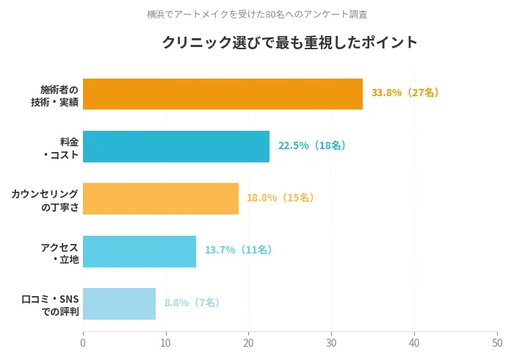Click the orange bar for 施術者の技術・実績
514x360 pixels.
pyautogui.click(x=222, y=94)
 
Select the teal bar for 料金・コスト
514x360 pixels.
pyautogui.click(x=176, y=146)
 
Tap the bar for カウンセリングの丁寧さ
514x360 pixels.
pyautogui.click(x=161, y=198)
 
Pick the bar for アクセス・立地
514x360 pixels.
pyautogui.click(x=140, y=251)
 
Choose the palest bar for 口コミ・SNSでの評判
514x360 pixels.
pyautogui.click(x=119, y=303)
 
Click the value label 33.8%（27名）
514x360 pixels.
pyautogui.click(x=406, y=93)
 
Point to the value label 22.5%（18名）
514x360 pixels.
pyautogui.click(x=312, y=145)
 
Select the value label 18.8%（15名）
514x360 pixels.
pyautogui.click(x=281, y=198)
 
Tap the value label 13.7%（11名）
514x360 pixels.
pyautogui.click(x=239, y=250)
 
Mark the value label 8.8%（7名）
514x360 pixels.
pyautogui.click(x=192, y=303)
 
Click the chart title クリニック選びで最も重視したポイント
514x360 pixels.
pyautogui.click(x=290, y=43)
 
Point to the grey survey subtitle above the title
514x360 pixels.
pyautogui.click(x=257, y=14)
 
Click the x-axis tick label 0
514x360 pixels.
pyautogui.click(x=83, y=342)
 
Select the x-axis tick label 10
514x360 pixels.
pyautogui.click(x=166, y=342)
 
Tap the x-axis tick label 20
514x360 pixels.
pyautogui.click(x=249, y=342)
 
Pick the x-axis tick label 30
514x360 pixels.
pyautogui.click(x=332, y=342)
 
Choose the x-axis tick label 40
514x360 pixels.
pyautogui.click(x=415, y=342)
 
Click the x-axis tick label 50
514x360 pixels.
pyautogui.click(x=497, y=342)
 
